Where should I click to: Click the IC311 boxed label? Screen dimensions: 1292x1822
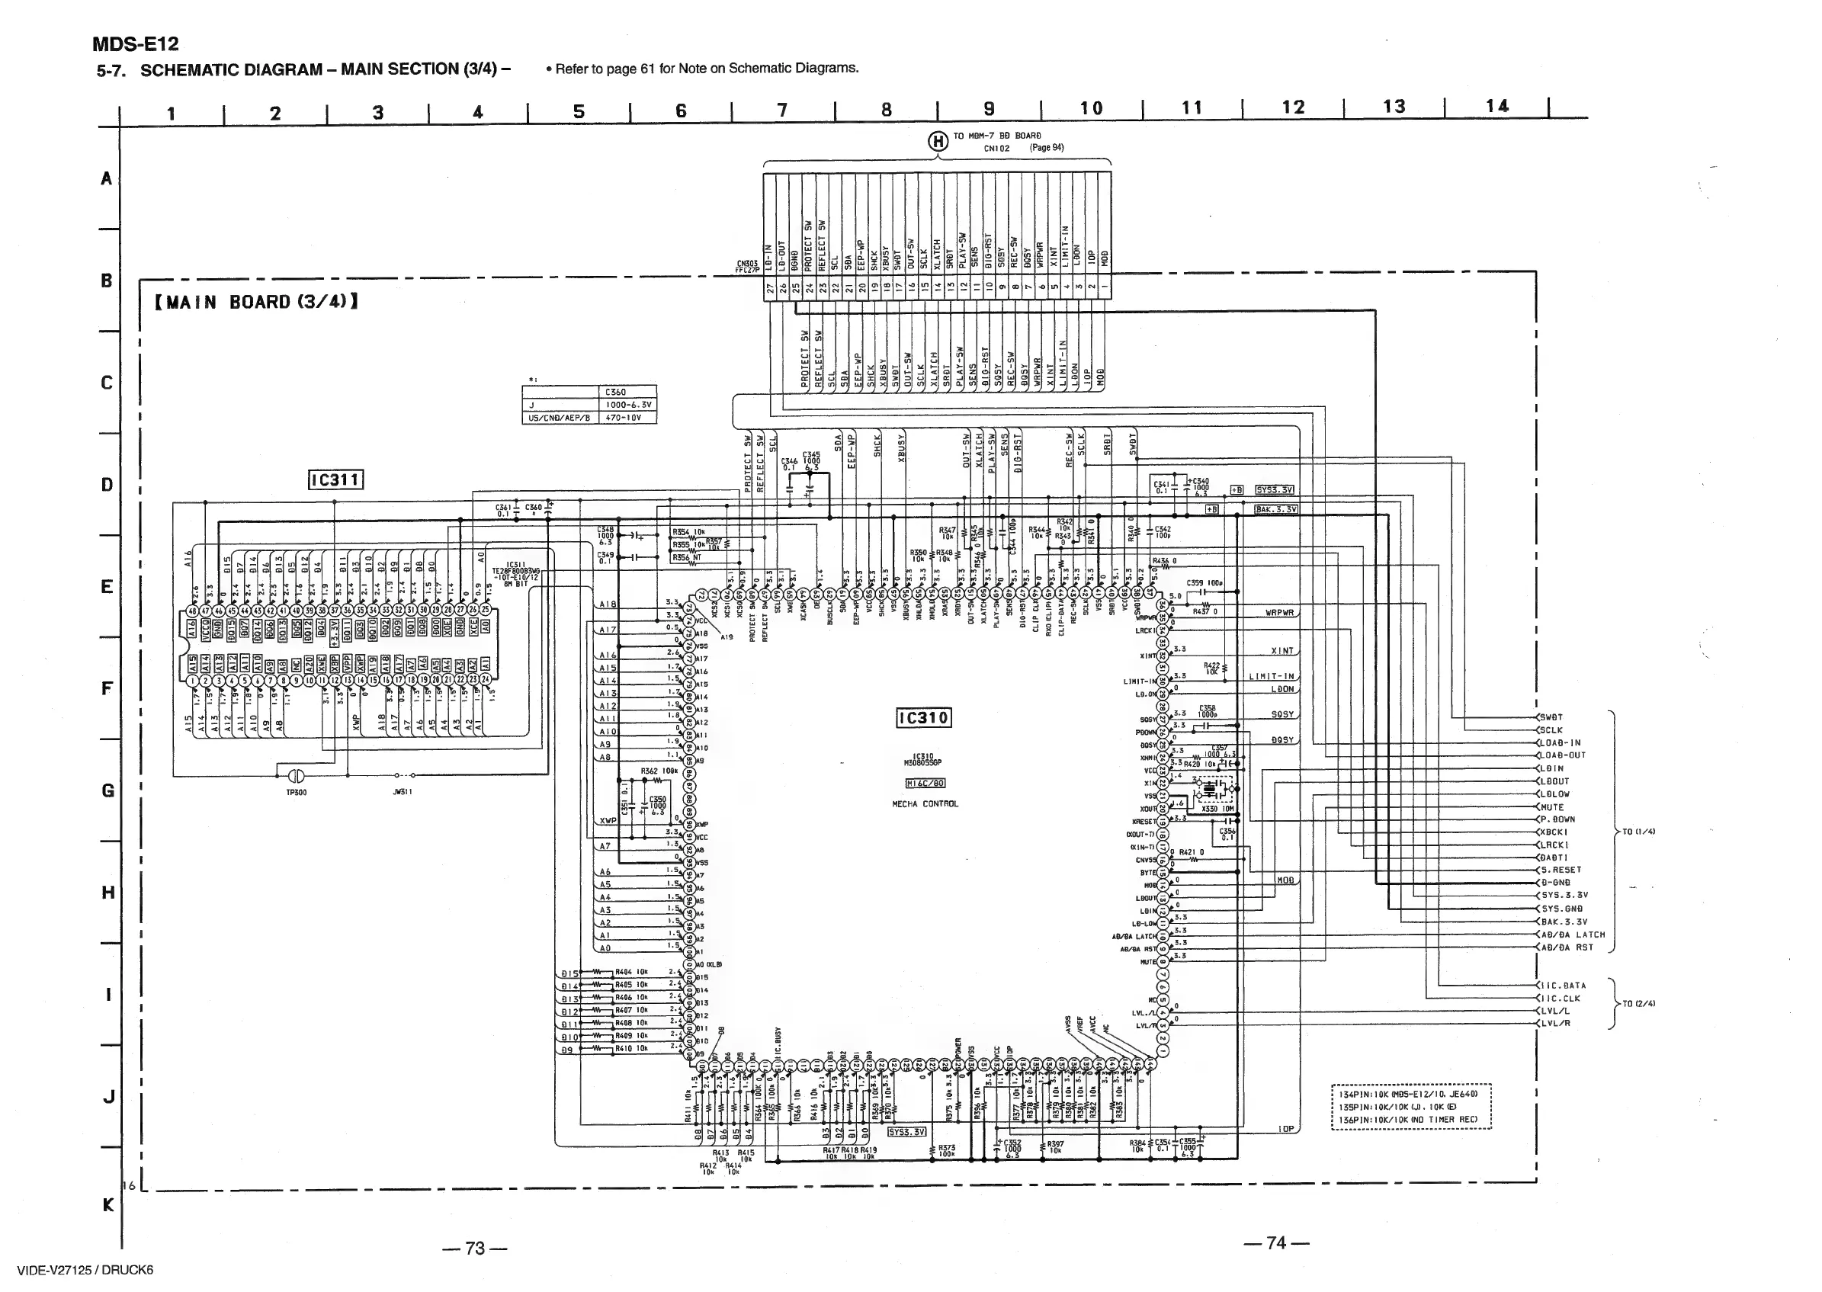point(335,479)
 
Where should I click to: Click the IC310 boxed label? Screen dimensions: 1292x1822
point(923,717)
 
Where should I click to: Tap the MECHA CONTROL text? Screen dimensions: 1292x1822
point(925,803)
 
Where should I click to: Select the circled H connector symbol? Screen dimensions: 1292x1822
point(939,142)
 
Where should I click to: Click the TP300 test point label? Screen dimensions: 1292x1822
point(296,793)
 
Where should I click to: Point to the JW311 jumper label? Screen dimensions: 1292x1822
point(402,792)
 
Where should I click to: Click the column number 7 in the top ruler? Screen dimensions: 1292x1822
point(782,110)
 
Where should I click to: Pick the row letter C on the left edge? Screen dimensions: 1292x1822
point(107,383)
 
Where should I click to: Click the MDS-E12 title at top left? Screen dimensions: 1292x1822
point(135,43)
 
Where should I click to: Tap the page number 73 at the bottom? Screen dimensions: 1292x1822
point(475,1248)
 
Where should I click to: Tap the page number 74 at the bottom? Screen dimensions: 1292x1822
point(1276,1242)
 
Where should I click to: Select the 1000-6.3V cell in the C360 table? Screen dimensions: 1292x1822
point(627,405)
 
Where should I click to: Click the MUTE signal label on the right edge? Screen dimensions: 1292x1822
point(1552,806)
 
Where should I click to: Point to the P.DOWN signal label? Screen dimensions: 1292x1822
point(1557,819)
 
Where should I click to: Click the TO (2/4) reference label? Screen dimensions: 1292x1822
point(1639,1003)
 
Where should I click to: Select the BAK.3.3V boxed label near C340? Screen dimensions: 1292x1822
point(1276,509)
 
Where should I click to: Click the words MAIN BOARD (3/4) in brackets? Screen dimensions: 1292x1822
point(255,303)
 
